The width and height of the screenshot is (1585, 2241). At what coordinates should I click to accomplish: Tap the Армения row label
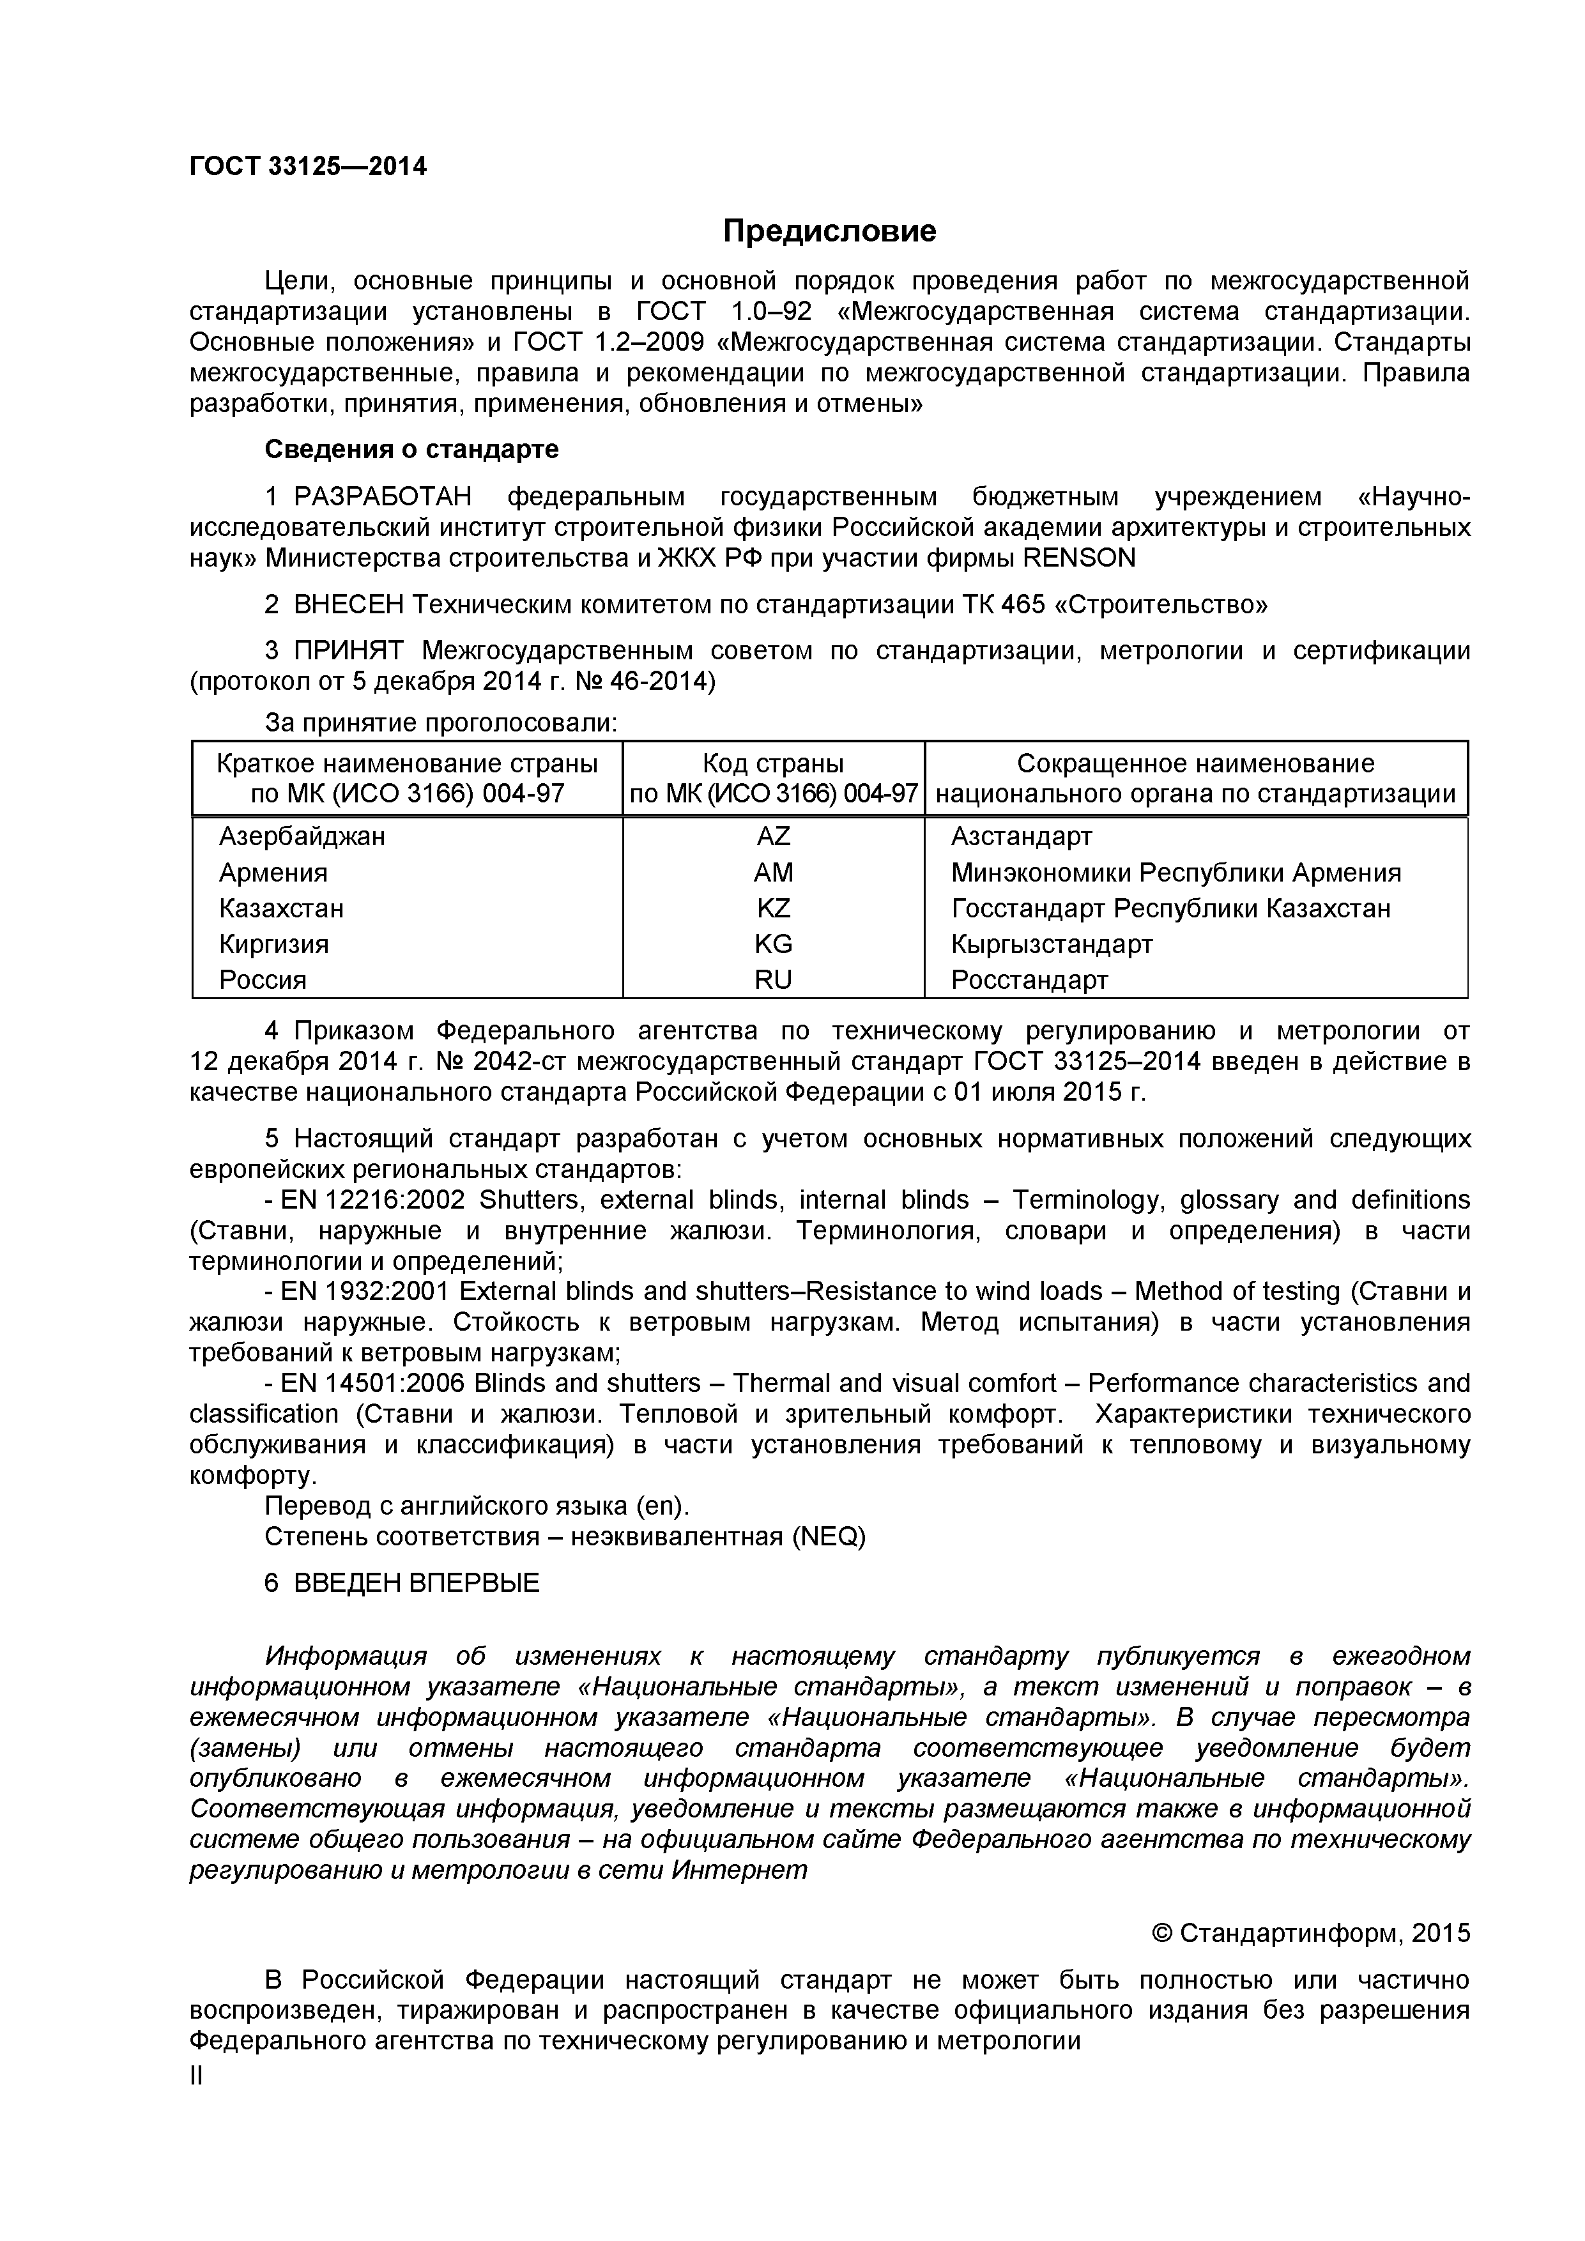point(273,873)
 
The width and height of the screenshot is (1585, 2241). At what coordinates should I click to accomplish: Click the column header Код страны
point(773,763)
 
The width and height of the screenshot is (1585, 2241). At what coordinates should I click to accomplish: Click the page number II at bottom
point(196,2076)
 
